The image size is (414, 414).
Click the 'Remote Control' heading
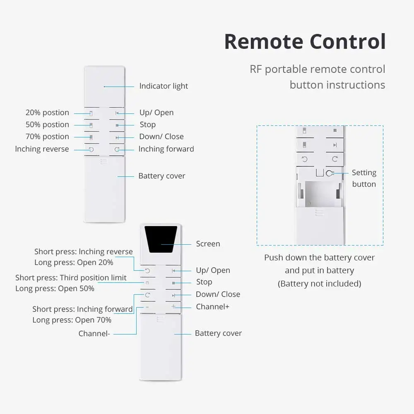coord(305,42)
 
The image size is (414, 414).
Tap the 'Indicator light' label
coord(164,86)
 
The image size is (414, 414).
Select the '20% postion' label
coord(47,113)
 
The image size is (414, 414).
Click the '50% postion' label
coord(47,125)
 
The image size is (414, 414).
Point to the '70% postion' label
coord(47,137)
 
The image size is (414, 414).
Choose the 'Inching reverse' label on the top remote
coord(42,149)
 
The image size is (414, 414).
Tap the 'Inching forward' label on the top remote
coord(166,149)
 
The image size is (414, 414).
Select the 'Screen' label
coord(208,244)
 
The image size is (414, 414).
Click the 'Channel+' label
coord(212,307)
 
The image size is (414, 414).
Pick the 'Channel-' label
coord(94,333)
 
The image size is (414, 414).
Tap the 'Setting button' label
coord(364,178)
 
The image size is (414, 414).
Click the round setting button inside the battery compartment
coord(330,173)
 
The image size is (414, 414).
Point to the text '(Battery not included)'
coord(319,284)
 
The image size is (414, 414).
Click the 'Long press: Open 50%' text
coord(55,288)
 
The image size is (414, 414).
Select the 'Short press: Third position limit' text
coord(71,277)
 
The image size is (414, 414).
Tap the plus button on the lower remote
coord(173,307)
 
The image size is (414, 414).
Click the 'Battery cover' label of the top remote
coord(161,176)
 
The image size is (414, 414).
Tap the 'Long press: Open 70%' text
coord(72,320)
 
